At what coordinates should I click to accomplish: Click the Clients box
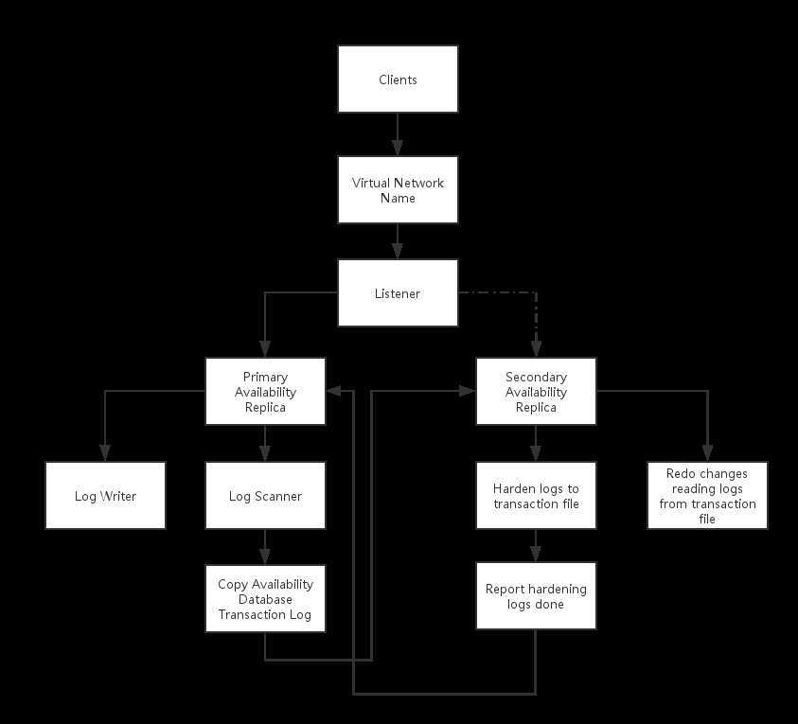click(x=398, y=79)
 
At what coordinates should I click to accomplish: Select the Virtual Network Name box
click(x=398, y=190)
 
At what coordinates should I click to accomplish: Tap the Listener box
click(x=398, y=293)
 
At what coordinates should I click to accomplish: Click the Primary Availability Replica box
click(x=265, y=391)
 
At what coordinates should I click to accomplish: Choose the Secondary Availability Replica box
click(x=536, y=391)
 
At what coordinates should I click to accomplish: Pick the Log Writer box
click(x=105, y=495)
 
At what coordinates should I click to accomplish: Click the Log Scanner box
click(x=265, y=495)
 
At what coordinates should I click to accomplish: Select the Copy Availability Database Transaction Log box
click(x=265, y=599)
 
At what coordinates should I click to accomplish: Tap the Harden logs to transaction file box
click(x=536, y=495)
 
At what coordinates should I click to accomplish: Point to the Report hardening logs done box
click(x=536, y=595)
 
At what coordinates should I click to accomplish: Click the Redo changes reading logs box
click(x=707, y=495)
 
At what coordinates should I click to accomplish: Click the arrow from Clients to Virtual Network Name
click(x=398, y=134)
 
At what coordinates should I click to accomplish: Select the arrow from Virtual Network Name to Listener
click(x=398, y=241)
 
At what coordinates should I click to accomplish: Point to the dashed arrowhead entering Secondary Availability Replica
click(x=536, y=349)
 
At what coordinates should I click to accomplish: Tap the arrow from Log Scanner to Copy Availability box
click(x=265, y=547)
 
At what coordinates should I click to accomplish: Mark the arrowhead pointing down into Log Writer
click(x=105, y=454)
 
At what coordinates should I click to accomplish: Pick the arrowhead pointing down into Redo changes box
click(x=707, y=454)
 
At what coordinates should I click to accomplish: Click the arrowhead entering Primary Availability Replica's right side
click(x=334, y=391)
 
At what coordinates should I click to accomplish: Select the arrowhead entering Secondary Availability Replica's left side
click(x=468, y=391)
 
